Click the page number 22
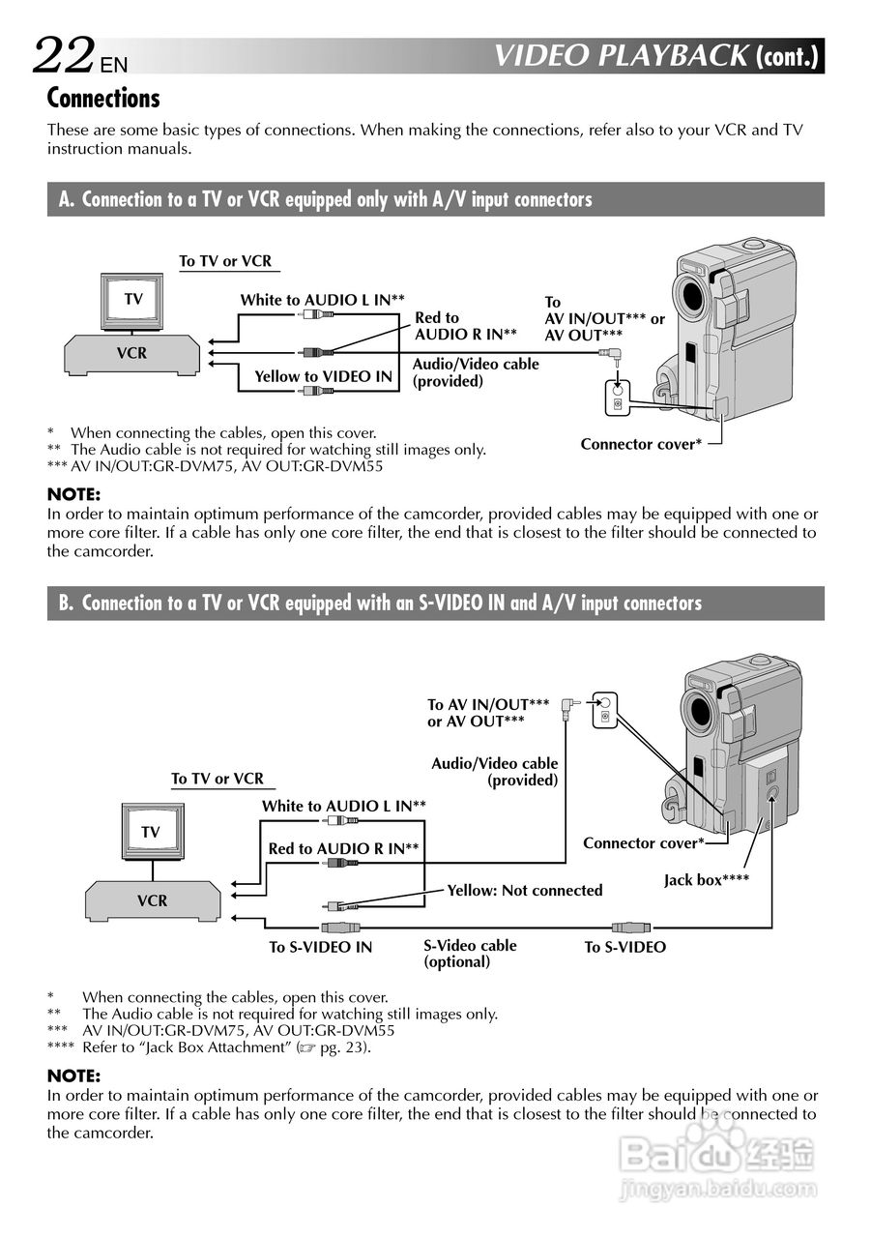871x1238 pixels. pyautogui.click(x=65, y=55)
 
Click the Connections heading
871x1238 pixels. pyautogui.click(x=103, y=98)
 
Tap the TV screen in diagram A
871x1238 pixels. pyautogui.click(x=132, y=300)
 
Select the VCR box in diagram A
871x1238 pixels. pyautogui.click(x=132, y=353)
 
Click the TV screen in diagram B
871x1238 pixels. pyautogui.click(x=151, y=832)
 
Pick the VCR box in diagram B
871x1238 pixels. pyautogui.click(x=153, y=900)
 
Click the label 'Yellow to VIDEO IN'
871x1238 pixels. pyautogui.click(x=323, y=376)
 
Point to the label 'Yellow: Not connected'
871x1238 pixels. pyautogui.click(x=524, y=890)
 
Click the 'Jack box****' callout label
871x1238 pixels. pyautogui.click(x=706, y=880)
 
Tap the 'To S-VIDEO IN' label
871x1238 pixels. pyautogui.click(x=320, y=947)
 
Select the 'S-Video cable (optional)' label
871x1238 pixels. pyautogui.click(x=470, y=954)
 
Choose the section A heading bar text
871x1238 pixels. pyautogui.click(x=325, y=199)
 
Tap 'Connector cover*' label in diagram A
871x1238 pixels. pyautogui.click(x=641, y=444)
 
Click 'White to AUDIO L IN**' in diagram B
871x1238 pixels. pyautogui.click(x=343, y=806)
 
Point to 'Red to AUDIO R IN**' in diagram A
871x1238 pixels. pyautogui.click(x=465, y=325)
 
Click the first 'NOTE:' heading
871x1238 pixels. pyautogui.click(x=73, y=494)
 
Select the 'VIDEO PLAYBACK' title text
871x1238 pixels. pyautogui.click(x=621, y=56)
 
